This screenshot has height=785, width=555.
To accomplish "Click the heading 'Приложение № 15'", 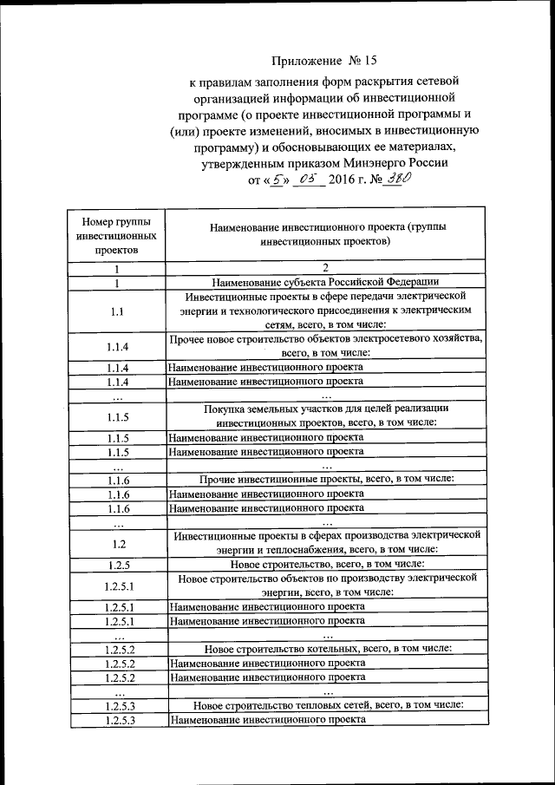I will (324, 61).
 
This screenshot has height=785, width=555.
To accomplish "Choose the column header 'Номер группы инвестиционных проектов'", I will (116, 235).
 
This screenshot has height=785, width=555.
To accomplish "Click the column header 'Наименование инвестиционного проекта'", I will (324, 235).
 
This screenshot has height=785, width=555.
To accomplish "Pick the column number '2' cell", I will (324, 268).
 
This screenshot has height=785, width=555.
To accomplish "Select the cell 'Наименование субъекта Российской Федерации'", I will (324, 282).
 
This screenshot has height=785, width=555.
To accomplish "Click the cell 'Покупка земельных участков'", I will (324, 415).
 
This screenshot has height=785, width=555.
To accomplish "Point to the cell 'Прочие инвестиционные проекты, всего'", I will (324, 479).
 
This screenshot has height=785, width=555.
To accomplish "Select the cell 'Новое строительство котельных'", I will (324, 649).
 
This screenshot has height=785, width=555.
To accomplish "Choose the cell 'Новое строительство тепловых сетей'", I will (324, 705).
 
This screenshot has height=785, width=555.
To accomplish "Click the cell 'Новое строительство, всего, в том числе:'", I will (324, 565).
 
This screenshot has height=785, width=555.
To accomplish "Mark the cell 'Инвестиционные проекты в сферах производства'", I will (324, 543).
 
